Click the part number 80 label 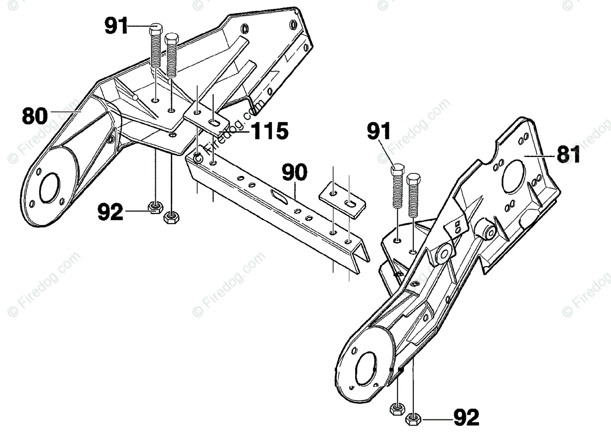coord(34,115)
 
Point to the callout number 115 coord(268,131)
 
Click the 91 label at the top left coord(117,25)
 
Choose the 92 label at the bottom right coord(466,417)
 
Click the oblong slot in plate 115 coord(213,123)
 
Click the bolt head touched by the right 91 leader coord(397,169)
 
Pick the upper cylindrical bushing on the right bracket coord(486,229)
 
